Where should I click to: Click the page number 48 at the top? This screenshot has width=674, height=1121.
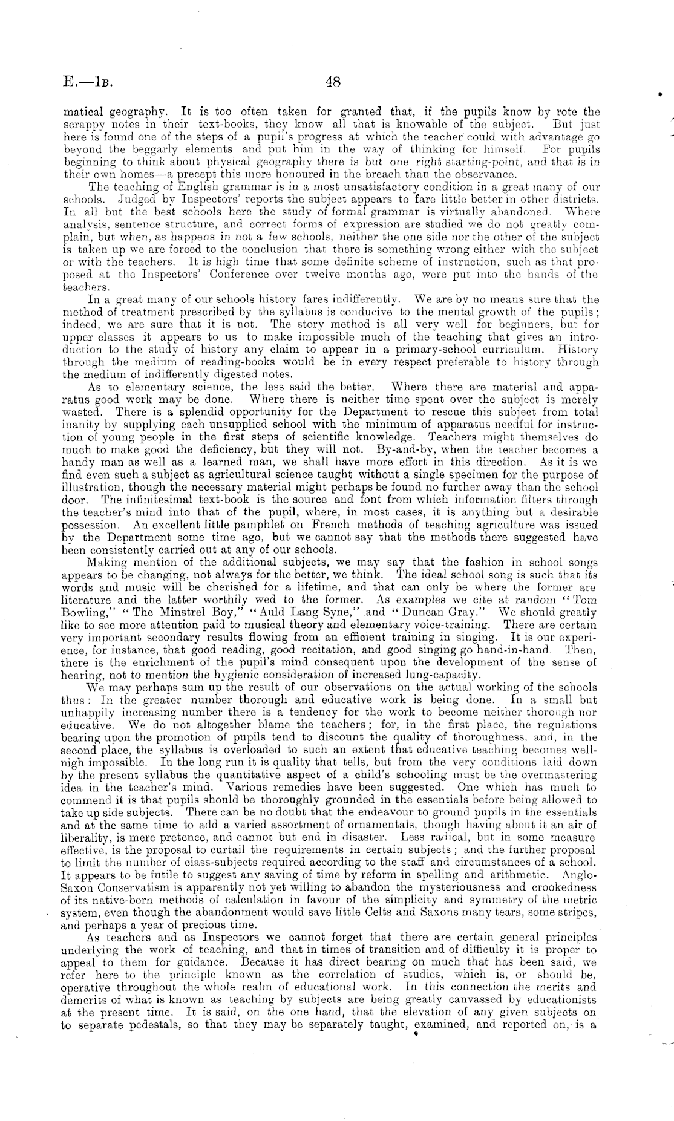[333, 82]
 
